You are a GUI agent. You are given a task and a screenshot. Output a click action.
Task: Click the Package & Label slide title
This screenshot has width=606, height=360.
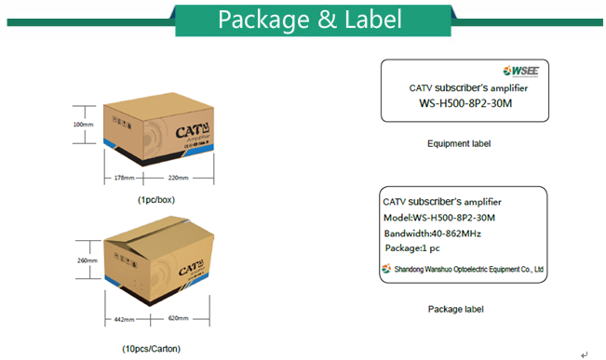pos(310,19)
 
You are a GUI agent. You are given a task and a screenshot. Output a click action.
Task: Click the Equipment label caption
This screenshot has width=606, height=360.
pos(459,144)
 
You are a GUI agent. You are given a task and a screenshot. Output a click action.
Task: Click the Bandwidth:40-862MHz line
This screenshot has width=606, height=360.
pos(432,233)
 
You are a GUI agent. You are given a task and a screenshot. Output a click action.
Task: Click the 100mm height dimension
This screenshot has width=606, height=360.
pos(83,124)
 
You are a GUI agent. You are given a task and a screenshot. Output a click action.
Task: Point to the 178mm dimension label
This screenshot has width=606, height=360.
pos(125,177)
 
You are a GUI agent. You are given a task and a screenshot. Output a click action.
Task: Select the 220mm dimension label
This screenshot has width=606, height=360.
pos(178,177)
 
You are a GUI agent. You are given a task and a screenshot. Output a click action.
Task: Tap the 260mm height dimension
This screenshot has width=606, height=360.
pos(87,260)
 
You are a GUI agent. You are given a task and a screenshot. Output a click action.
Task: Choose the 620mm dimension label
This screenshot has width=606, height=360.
pos(179,320)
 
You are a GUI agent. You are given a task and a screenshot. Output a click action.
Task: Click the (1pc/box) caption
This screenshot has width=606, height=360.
pos(155,200)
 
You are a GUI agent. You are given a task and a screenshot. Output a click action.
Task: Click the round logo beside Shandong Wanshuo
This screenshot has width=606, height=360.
pos(387,270)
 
